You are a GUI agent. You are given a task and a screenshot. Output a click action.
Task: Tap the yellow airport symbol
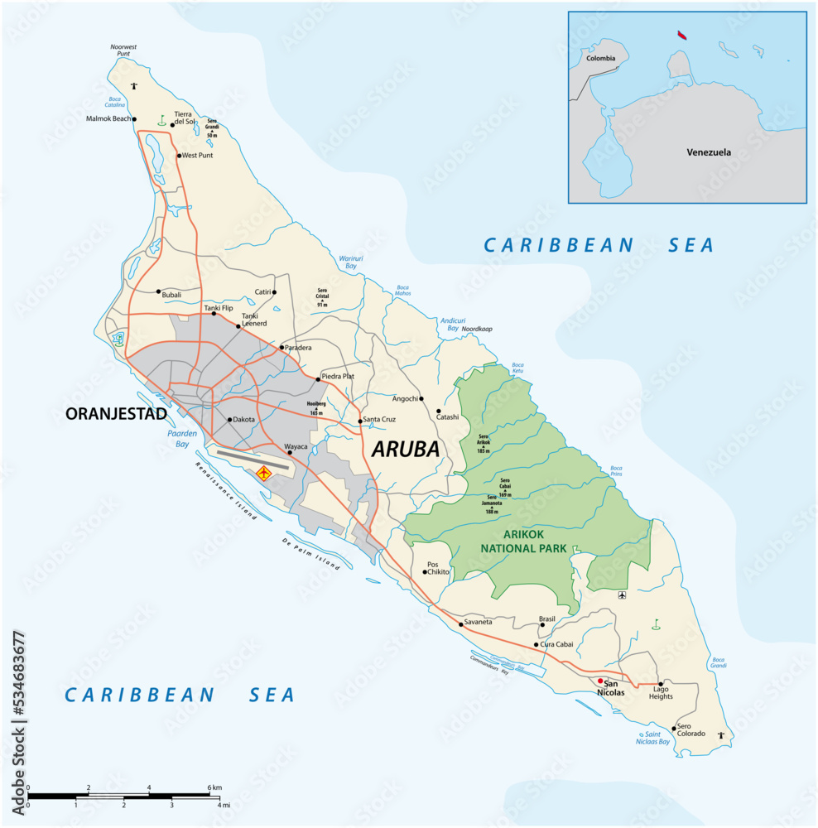pos(264,474)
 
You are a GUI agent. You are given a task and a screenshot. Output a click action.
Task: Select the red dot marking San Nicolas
pos(600,681)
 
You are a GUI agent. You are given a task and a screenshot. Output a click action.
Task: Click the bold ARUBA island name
pos(406,450)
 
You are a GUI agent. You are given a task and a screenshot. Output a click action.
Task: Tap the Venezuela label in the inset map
pos(708,152)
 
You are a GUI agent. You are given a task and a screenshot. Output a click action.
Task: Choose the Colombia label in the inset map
pos(600,59)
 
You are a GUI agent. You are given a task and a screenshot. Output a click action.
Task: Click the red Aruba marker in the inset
pos(681,36)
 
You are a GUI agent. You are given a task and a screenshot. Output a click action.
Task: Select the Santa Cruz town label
pos(379,420)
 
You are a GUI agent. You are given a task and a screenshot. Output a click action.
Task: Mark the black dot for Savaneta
pos(460,623)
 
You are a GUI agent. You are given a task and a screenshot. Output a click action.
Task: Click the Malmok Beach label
pos(108,118)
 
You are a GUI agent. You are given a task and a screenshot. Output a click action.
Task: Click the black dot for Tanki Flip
pos(214,314)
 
